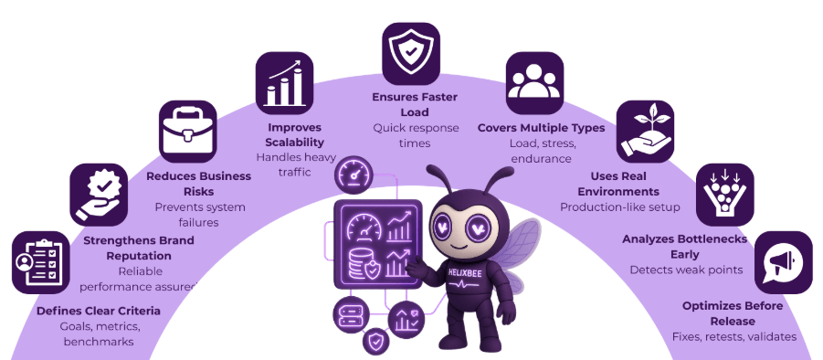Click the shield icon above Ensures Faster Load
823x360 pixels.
pos(410,52)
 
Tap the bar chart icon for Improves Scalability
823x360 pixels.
pos(284,80)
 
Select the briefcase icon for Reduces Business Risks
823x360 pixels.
pos(187,129)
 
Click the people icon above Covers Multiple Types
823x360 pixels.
pos(535,80)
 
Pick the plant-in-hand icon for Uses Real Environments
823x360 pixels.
pos(645,129)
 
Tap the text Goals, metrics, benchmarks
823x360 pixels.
pos(99,334)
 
